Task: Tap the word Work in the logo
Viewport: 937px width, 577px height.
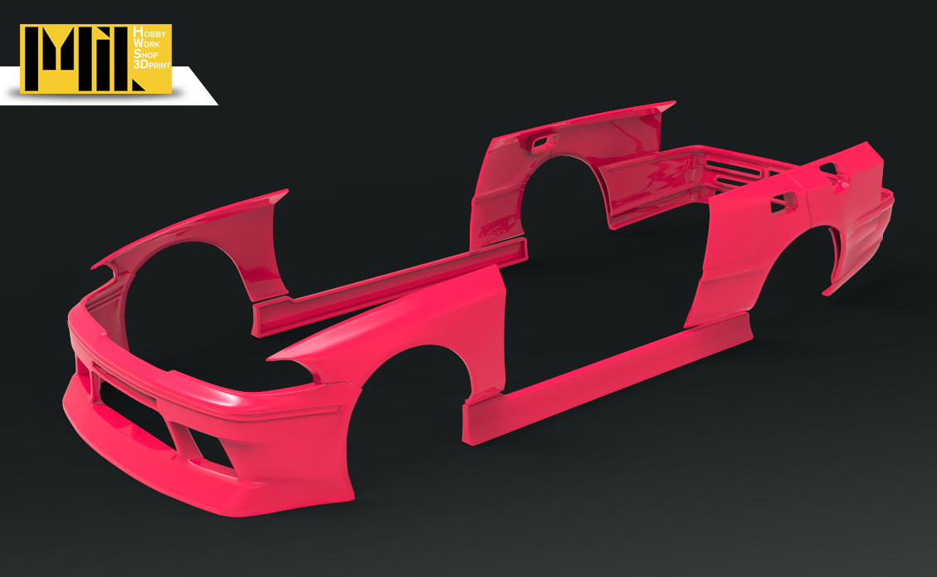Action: tap(146, 43)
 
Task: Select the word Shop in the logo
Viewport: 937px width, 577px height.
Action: tap(145, 54)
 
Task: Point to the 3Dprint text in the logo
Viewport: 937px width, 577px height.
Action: tap(152, 65)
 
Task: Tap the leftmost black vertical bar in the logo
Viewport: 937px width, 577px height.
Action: tap(31, 59)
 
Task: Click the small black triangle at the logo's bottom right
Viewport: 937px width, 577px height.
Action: tap(138, 85)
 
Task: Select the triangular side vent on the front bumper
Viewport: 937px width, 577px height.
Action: tap(209, 448)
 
